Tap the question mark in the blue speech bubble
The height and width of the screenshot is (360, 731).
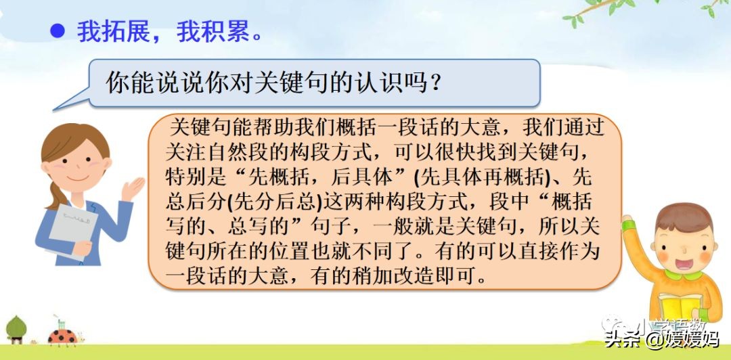(437, 83)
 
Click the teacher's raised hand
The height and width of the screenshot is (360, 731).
(133, 185)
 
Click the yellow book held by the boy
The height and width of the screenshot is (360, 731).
(684, 305)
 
